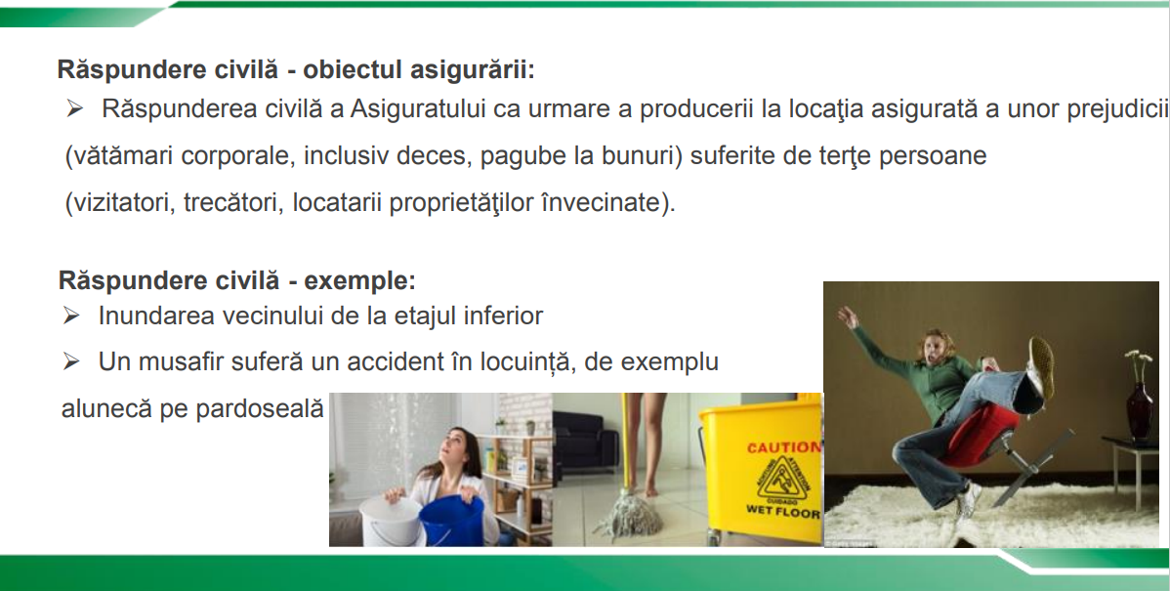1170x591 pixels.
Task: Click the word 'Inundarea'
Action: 146,317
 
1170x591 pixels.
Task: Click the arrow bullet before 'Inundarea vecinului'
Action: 71,317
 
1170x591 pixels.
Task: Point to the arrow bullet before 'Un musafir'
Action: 71,362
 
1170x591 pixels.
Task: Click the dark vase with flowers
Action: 1139,409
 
